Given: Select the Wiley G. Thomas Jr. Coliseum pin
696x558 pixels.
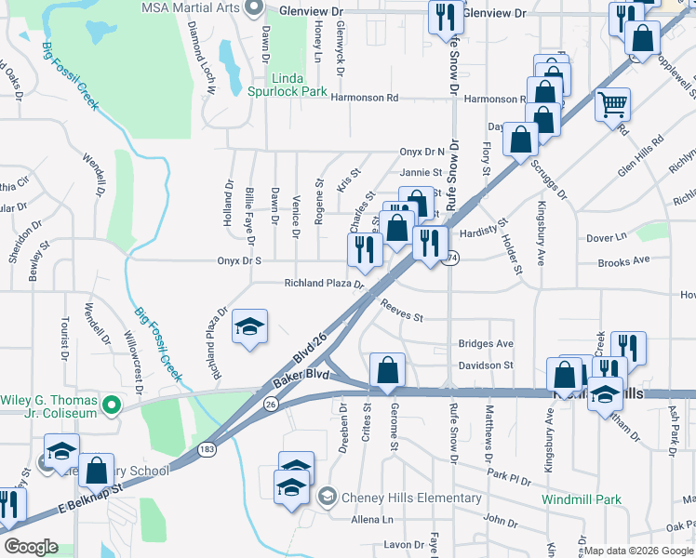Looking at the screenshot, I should (112, 405).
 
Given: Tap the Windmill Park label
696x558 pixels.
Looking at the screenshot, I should (582, 499).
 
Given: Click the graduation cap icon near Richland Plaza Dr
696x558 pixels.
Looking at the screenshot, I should (249, 326).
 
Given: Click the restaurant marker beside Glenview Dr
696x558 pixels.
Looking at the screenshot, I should (446, 16).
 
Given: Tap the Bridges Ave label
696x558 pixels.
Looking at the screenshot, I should (486, 343).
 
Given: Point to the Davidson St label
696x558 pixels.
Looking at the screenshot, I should (486, 365).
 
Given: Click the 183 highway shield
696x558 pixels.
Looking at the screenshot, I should (204, 450).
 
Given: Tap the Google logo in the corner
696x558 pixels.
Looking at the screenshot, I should (31, 547).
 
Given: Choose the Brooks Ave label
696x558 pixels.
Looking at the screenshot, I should (623, 262).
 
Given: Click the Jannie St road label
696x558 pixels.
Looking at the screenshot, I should (421, 172).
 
